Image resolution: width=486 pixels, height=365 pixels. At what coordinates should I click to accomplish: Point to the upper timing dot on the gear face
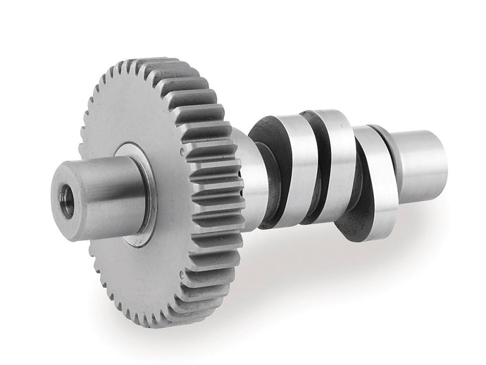[x=181, y=150]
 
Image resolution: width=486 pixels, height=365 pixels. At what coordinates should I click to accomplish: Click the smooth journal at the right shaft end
[x=423, y=159]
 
